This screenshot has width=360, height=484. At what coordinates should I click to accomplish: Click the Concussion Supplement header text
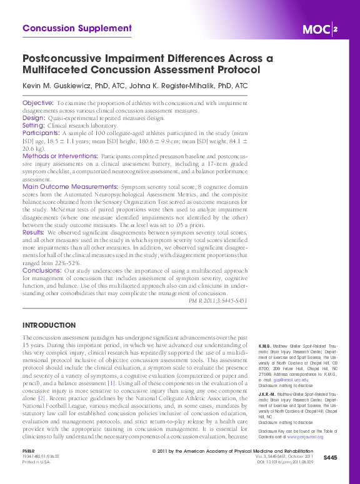pos(77,28)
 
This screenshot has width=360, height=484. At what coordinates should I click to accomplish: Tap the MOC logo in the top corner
pos(319,29)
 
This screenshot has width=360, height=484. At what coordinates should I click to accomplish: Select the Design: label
pos(34,118)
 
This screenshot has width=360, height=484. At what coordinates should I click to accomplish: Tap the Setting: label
pos(34,125)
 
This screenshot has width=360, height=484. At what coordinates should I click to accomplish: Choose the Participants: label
pos(41,133)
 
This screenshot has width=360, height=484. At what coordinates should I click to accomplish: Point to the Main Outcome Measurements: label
pos(70,186)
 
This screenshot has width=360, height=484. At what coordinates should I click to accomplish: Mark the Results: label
pos(35,232)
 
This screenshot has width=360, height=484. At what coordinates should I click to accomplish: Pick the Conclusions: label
pos(41,270)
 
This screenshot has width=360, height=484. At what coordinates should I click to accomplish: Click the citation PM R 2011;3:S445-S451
pos(217,301)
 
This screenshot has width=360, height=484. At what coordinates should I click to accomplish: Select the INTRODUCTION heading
pos(49,326)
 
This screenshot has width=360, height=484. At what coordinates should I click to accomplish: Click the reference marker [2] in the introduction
pos(42,397)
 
